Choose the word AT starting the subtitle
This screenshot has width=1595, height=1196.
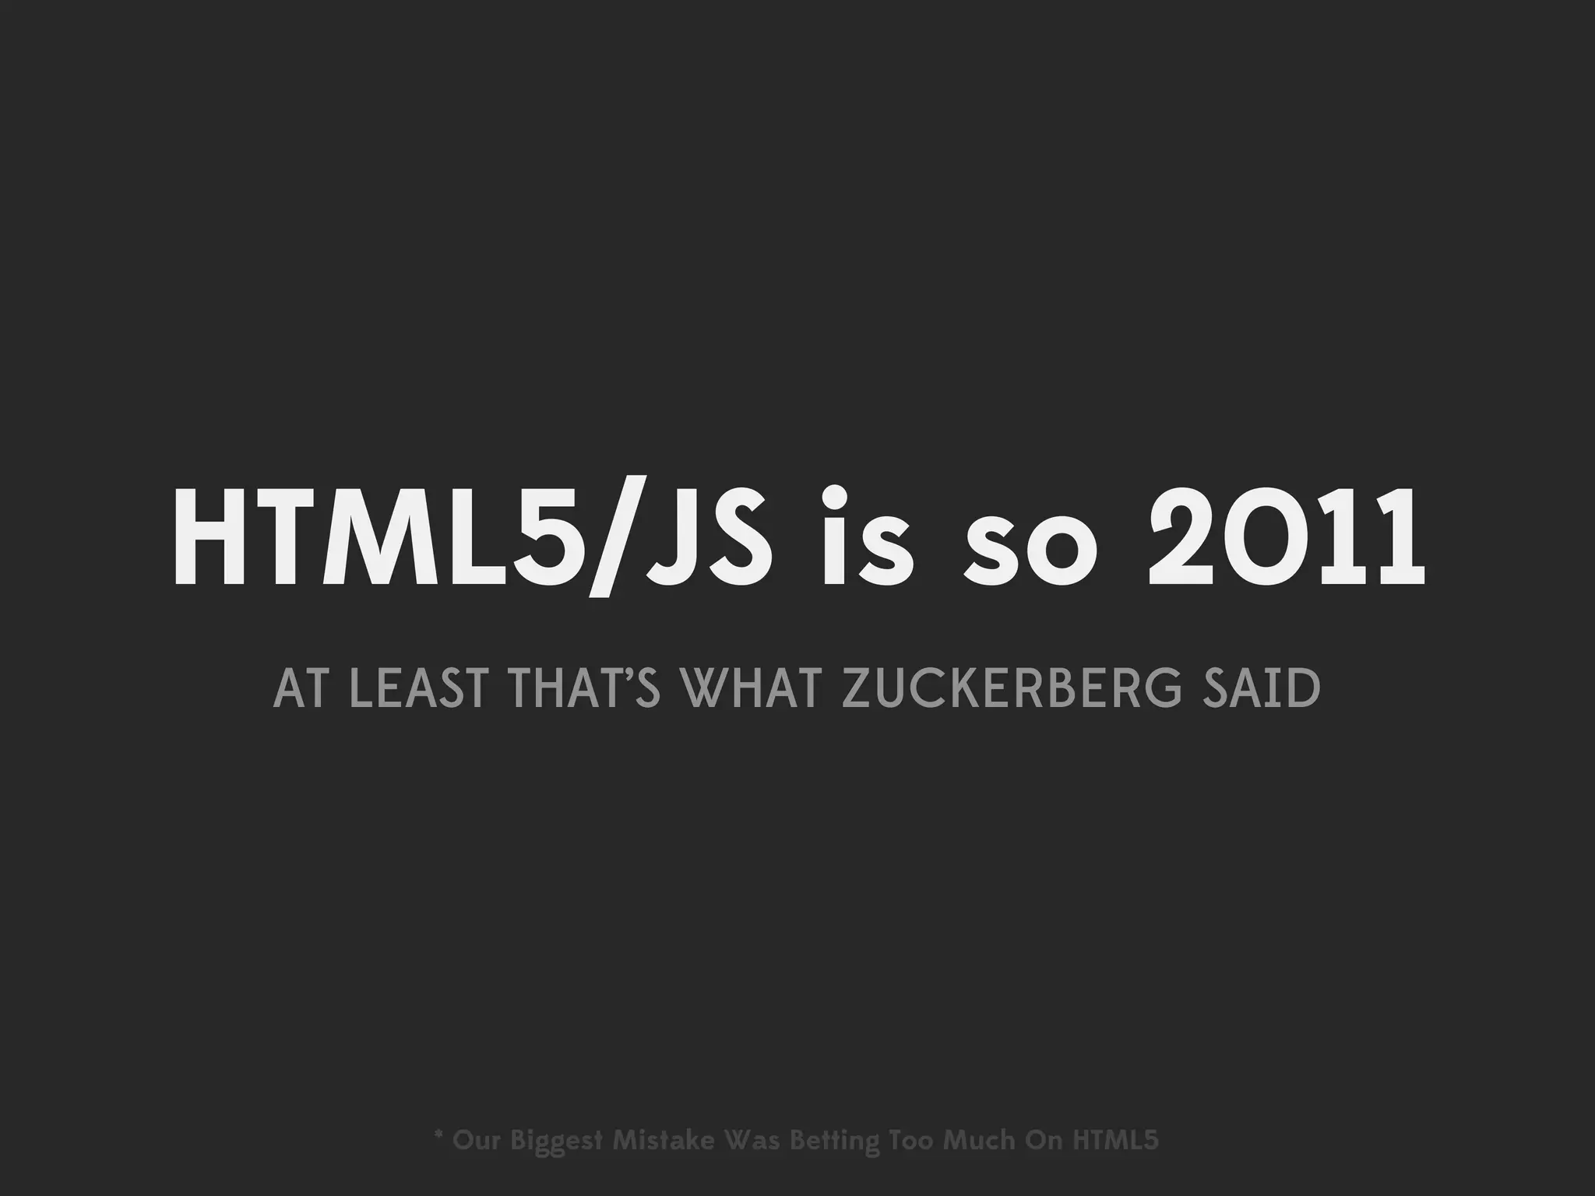300,690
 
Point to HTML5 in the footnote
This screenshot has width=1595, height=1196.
1115,1141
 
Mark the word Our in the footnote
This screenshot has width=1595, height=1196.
476,1141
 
